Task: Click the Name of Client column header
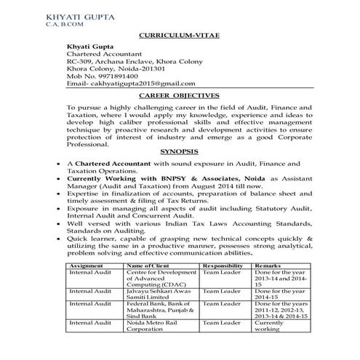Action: (149, 267)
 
